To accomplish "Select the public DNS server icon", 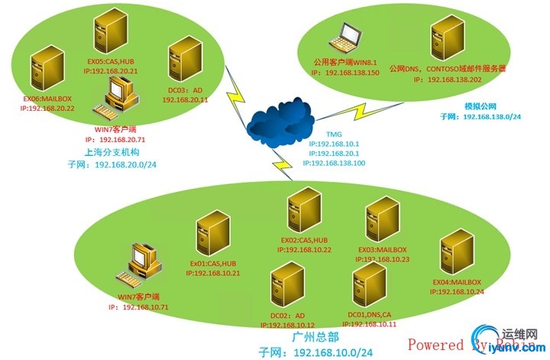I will (448, 38).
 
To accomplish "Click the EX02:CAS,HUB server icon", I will (302, 216).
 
